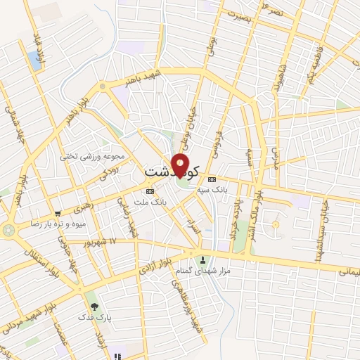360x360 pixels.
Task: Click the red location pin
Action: (x=181, y=163)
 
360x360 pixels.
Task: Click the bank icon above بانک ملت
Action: (x=150, y=191)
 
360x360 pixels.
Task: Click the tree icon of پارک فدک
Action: (x=94, y=307)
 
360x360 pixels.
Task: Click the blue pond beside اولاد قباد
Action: (x=34, y=60)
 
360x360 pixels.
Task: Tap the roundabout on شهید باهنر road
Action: (x=103, y=86)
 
